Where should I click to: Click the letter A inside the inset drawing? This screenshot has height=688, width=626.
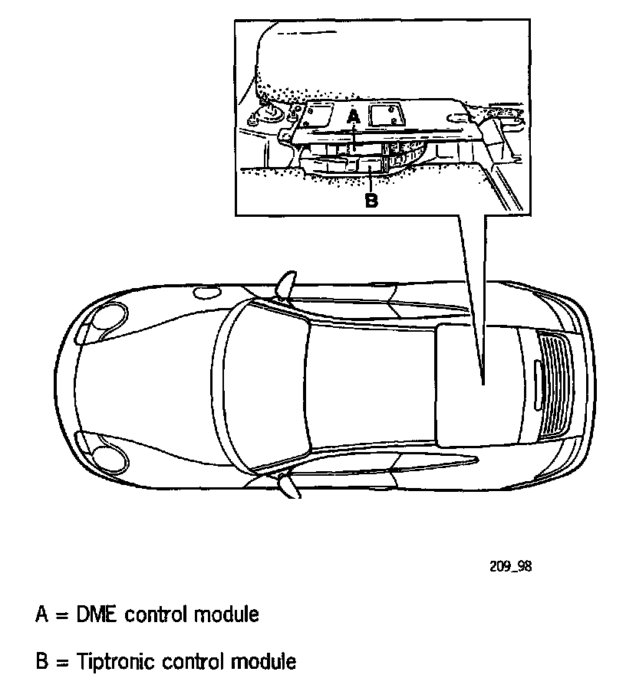pos(353,116)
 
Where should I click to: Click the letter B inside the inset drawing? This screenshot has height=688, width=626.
pos(371,201)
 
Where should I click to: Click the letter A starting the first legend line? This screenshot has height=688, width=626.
pos(42,614)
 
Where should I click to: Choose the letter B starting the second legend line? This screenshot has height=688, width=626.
pos(42,660)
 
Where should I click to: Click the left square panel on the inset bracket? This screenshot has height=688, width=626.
pos(317,115)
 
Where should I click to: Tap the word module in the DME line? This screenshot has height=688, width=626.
pos(224,614)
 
